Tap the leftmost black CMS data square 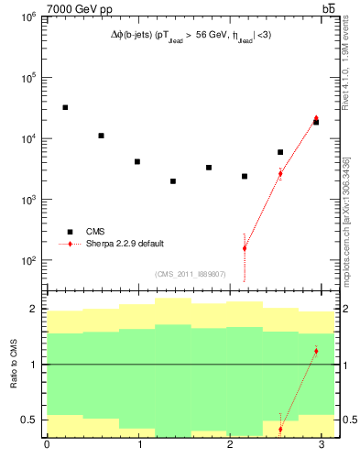(x=65, y=107)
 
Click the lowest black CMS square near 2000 (x=172, y=181)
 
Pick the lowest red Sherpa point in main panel (x=245, y=248)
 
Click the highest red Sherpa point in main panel (x=316, y=119)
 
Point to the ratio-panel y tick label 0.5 (x=26, y=420)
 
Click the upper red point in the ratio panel (x=316, y=351)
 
